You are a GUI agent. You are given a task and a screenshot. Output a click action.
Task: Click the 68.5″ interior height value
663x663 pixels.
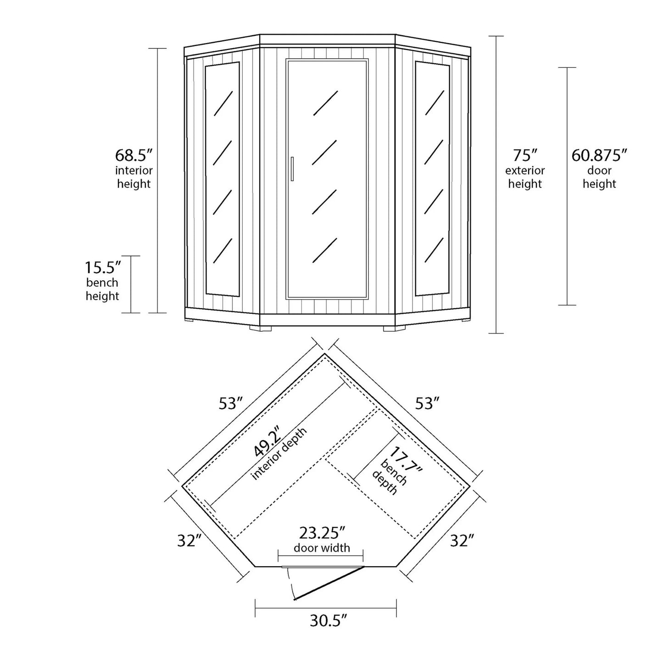point(134,155)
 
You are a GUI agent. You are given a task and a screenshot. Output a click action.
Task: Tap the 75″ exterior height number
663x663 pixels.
point(525,155)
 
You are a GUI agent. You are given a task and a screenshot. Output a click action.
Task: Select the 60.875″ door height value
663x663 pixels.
point(599,155)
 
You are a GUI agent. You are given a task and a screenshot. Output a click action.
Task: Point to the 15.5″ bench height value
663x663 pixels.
point(102,267)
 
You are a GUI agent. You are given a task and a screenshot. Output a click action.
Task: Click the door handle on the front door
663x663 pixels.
point(292,169)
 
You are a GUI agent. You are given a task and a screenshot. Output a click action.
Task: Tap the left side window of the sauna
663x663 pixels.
point(222,179)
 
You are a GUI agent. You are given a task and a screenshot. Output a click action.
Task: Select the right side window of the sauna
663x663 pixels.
point(432,179)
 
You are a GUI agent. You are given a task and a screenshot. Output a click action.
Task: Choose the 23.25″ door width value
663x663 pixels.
point(322,533)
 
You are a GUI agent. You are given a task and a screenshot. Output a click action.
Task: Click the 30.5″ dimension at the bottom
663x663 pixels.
point(328,621)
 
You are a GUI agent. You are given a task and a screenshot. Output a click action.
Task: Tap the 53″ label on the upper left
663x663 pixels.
point(230,404)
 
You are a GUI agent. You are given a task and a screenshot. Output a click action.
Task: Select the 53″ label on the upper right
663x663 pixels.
point(427,404)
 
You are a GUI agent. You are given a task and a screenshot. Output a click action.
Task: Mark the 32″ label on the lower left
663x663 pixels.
point(190,541)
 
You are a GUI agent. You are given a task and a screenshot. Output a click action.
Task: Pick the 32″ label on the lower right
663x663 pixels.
point(462,541)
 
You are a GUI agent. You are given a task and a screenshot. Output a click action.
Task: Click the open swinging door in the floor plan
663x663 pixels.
point(329,583)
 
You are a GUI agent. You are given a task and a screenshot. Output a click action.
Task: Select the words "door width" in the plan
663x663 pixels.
point(322,547)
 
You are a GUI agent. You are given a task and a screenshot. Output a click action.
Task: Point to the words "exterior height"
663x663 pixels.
point(525,177)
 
